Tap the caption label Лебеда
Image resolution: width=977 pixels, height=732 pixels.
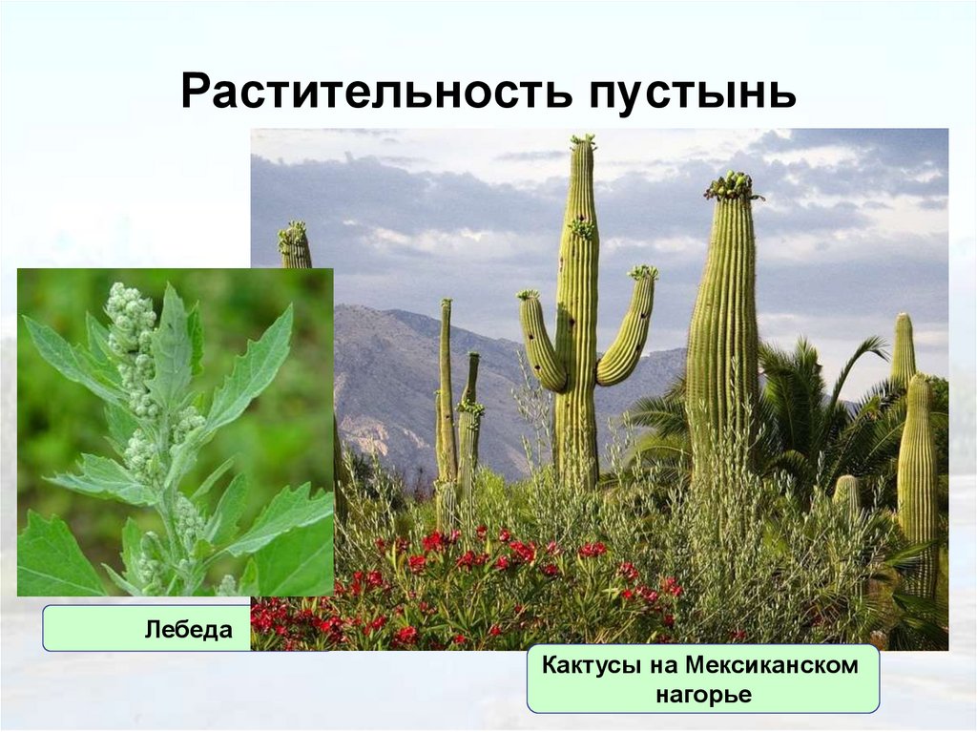(x=189, y=631)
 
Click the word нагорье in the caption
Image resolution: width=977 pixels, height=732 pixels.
(x=703, y=695)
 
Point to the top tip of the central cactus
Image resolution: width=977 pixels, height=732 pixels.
(x=582, y=142)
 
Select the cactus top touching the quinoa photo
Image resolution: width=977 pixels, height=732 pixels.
(x=294, y=243)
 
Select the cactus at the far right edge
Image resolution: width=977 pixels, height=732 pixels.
(x=918, y=458)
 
